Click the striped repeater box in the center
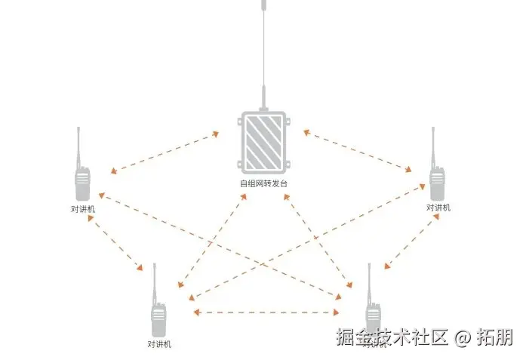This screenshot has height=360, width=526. (x=263, y=142)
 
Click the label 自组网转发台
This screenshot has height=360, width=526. (x=263, y=183)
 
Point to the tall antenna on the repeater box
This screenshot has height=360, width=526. (x=263, y=53)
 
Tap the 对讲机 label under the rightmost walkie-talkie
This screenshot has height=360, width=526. (x=438, y=208)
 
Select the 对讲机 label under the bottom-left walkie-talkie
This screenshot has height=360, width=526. (x=159, y=345)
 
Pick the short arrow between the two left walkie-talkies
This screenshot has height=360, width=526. (x=115, y=243)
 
